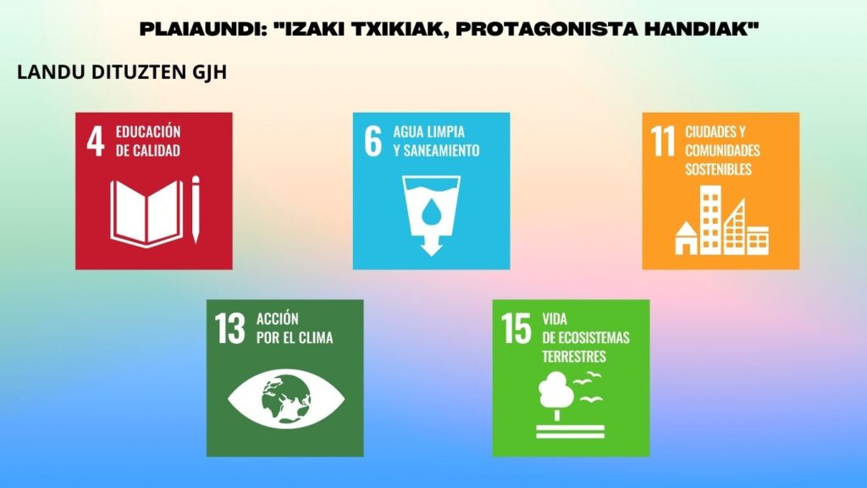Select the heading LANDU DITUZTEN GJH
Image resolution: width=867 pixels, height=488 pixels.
[122, 73]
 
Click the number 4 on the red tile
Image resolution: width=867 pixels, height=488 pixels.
[95, 141]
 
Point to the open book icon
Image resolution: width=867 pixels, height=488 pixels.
[146, 213]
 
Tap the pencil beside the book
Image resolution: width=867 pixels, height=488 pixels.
[196, 209]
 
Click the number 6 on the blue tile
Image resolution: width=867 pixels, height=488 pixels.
[373, 141]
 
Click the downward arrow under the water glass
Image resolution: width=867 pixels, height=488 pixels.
[431, 243]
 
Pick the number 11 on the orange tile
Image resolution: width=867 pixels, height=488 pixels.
[662, 141]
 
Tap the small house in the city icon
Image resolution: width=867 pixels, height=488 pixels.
[686, 238]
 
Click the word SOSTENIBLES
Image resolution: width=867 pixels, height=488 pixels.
[718, 169]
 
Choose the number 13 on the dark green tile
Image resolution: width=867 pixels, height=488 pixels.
[230, 329]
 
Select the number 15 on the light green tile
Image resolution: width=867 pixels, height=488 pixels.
[516, 329]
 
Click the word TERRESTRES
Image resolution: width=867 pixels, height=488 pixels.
[574, 357]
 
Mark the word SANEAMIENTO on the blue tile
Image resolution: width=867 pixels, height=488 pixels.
[441, 151]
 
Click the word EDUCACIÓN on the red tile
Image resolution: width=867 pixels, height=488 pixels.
[148, 131]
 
